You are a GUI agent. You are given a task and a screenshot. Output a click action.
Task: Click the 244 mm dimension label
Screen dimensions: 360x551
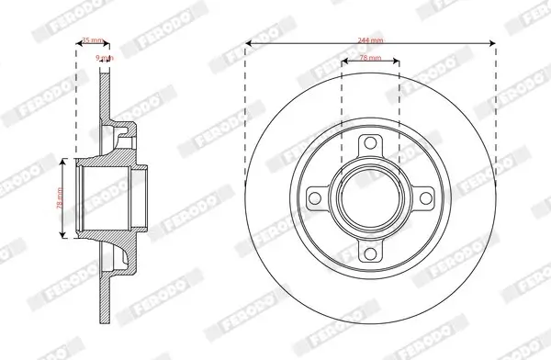[370, 39]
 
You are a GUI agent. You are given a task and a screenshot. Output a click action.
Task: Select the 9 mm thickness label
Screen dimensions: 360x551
[105, 57]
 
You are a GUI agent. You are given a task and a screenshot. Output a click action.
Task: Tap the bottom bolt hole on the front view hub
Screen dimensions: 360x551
[370, 253]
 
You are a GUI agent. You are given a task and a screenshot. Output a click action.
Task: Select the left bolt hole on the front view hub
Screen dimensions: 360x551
[315, 198]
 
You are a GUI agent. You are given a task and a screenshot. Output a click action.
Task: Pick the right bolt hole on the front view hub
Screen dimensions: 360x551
[425, 198]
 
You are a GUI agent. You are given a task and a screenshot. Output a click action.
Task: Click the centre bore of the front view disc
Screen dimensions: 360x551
[370, 198]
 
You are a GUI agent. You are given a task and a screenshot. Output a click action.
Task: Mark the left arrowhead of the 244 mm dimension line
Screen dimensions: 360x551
[248, 46]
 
